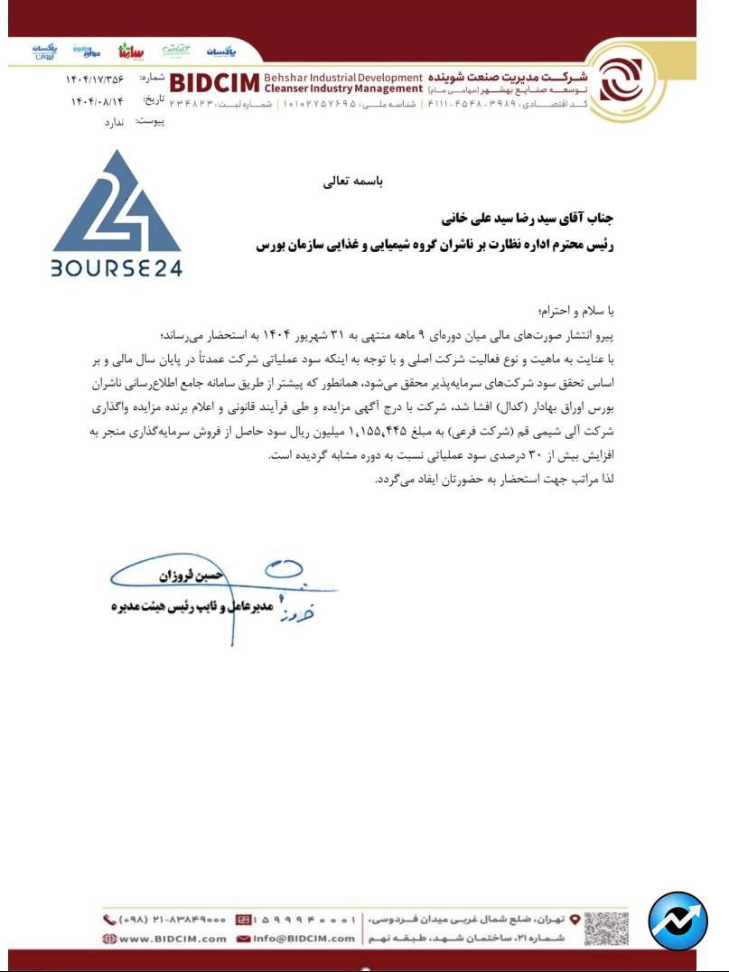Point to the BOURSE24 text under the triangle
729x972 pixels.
coord(117,268)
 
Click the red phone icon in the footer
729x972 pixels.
coord(110,920)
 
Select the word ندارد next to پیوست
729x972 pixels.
coord(107,121)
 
